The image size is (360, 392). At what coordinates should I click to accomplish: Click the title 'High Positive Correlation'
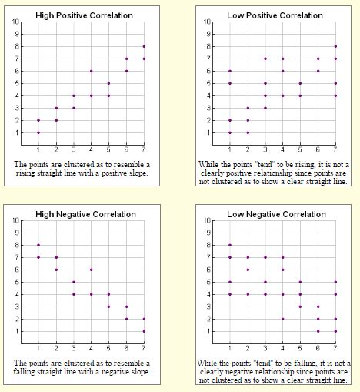(x=85, y=15)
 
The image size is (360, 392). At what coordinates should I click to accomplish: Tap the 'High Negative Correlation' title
(x=85, y=213)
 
